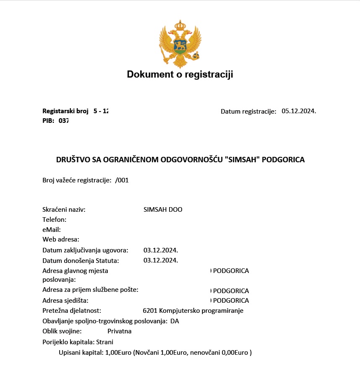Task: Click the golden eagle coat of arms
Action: [180, 44]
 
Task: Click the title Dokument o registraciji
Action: [180, 75]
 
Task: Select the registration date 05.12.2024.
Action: [298, 111]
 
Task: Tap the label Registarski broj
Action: [65, 111]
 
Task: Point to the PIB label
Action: [48, 121]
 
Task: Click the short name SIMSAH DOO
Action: [163, 210]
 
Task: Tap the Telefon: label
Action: [55, 220]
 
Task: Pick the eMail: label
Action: [52, 230]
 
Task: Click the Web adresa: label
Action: [61, 239]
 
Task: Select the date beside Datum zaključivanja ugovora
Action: [161, 250]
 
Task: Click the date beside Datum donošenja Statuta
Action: [161, 260]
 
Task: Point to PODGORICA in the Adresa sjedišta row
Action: [231, 301]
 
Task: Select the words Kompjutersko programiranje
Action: [201, 311]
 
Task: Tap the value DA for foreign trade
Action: [175, 321]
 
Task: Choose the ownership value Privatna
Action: [119, 331]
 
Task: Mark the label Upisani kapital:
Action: [81, 353]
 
